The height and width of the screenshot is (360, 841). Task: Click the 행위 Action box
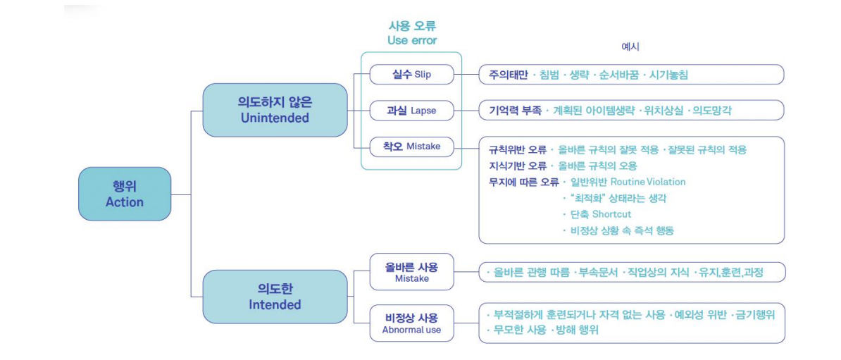(125, 194)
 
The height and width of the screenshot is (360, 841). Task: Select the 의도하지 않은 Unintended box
(275, 110)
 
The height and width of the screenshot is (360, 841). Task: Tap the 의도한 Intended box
(275, 297)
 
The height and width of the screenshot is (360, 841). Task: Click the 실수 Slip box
(411, 74)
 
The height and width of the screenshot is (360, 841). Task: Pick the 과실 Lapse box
(411, 110)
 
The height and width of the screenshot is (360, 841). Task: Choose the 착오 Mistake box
(411, 147)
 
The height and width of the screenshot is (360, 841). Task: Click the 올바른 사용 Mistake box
(411, 272)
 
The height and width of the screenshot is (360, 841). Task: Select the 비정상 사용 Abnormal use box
(411, 323)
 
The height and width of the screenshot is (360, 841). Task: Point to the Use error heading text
(412, 40)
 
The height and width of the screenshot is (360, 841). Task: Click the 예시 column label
(630, 46)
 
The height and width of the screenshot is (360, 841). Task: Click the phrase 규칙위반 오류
(518, 149)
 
